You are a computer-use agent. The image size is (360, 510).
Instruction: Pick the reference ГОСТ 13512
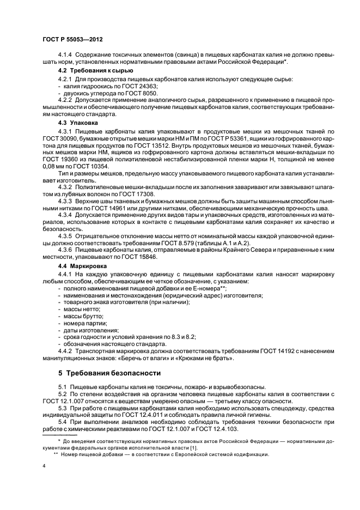click(167, 146)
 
